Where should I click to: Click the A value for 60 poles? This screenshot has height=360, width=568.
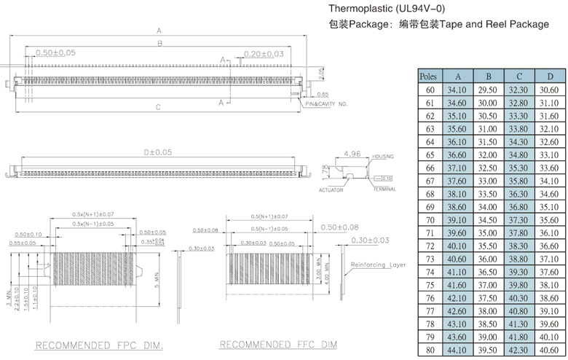point(457,90)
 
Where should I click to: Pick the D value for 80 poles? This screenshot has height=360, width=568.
point(550,350)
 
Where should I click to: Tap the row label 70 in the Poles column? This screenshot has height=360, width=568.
point(429,219)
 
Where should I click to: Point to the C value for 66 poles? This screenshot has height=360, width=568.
point(518,168)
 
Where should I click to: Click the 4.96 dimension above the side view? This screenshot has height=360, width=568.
point(352,154)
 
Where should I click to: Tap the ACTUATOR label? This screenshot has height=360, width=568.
point(331,189)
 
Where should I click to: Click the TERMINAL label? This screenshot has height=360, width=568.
point(385,189)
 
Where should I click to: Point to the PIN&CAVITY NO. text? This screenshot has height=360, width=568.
point(327,104)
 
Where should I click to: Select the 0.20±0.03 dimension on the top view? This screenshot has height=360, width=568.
point(264,54)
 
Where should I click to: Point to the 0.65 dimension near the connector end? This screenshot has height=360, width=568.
point(323,94)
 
